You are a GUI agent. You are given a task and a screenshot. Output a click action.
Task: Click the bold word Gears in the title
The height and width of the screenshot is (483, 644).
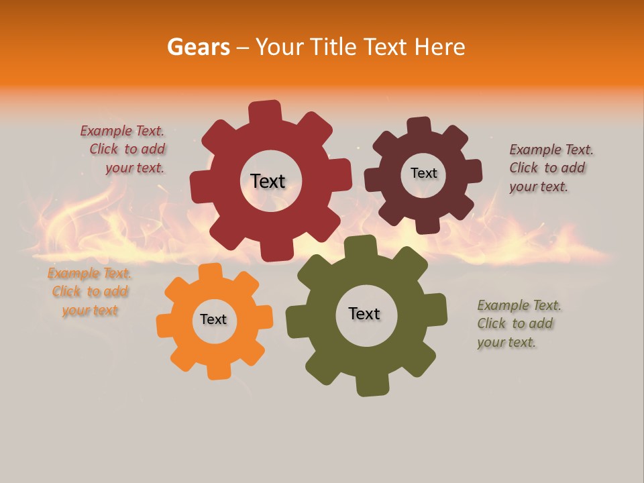pyautogui.click(x=198, y=47)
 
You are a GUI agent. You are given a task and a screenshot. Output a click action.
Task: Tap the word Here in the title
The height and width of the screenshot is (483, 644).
pyautogui.click(x=440, y=47)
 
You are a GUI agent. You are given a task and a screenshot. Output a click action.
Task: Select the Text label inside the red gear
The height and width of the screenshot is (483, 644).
pyautogui.click(x=268, y=181)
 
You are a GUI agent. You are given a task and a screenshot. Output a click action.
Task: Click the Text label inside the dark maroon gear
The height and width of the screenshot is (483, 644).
pyautogui.click(x=423, y=173)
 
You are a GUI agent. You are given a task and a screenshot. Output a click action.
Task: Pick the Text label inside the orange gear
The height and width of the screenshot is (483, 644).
pyautogui.click(x=213, y=319)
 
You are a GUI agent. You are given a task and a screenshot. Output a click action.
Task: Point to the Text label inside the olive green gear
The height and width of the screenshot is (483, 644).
pyautogui.click(x=364, y=313)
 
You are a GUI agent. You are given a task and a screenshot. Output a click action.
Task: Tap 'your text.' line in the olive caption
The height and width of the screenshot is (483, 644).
pyautogui.click(x=506, y=342)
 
